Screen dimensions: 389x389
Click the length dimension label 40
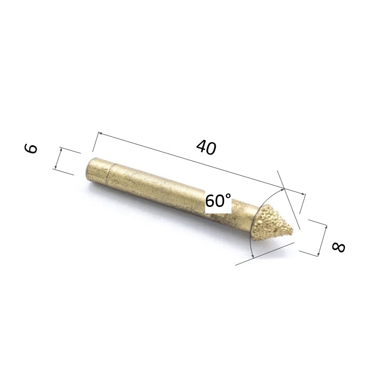(x=206, y=147)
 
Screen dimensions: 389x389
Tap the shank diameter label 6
(x=31, y=148)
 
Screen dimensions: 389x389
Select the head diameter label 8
(x=338, y=247)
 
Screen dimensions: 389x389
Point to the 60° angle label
(x=218, y=200)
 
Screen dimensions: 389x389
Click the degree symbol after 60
(x=228, y=197)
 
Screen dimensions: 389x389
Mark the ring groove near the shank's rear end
(x=109, y=173)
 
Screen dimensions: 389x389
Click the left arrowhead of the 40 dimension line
(x=101, y=133)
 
